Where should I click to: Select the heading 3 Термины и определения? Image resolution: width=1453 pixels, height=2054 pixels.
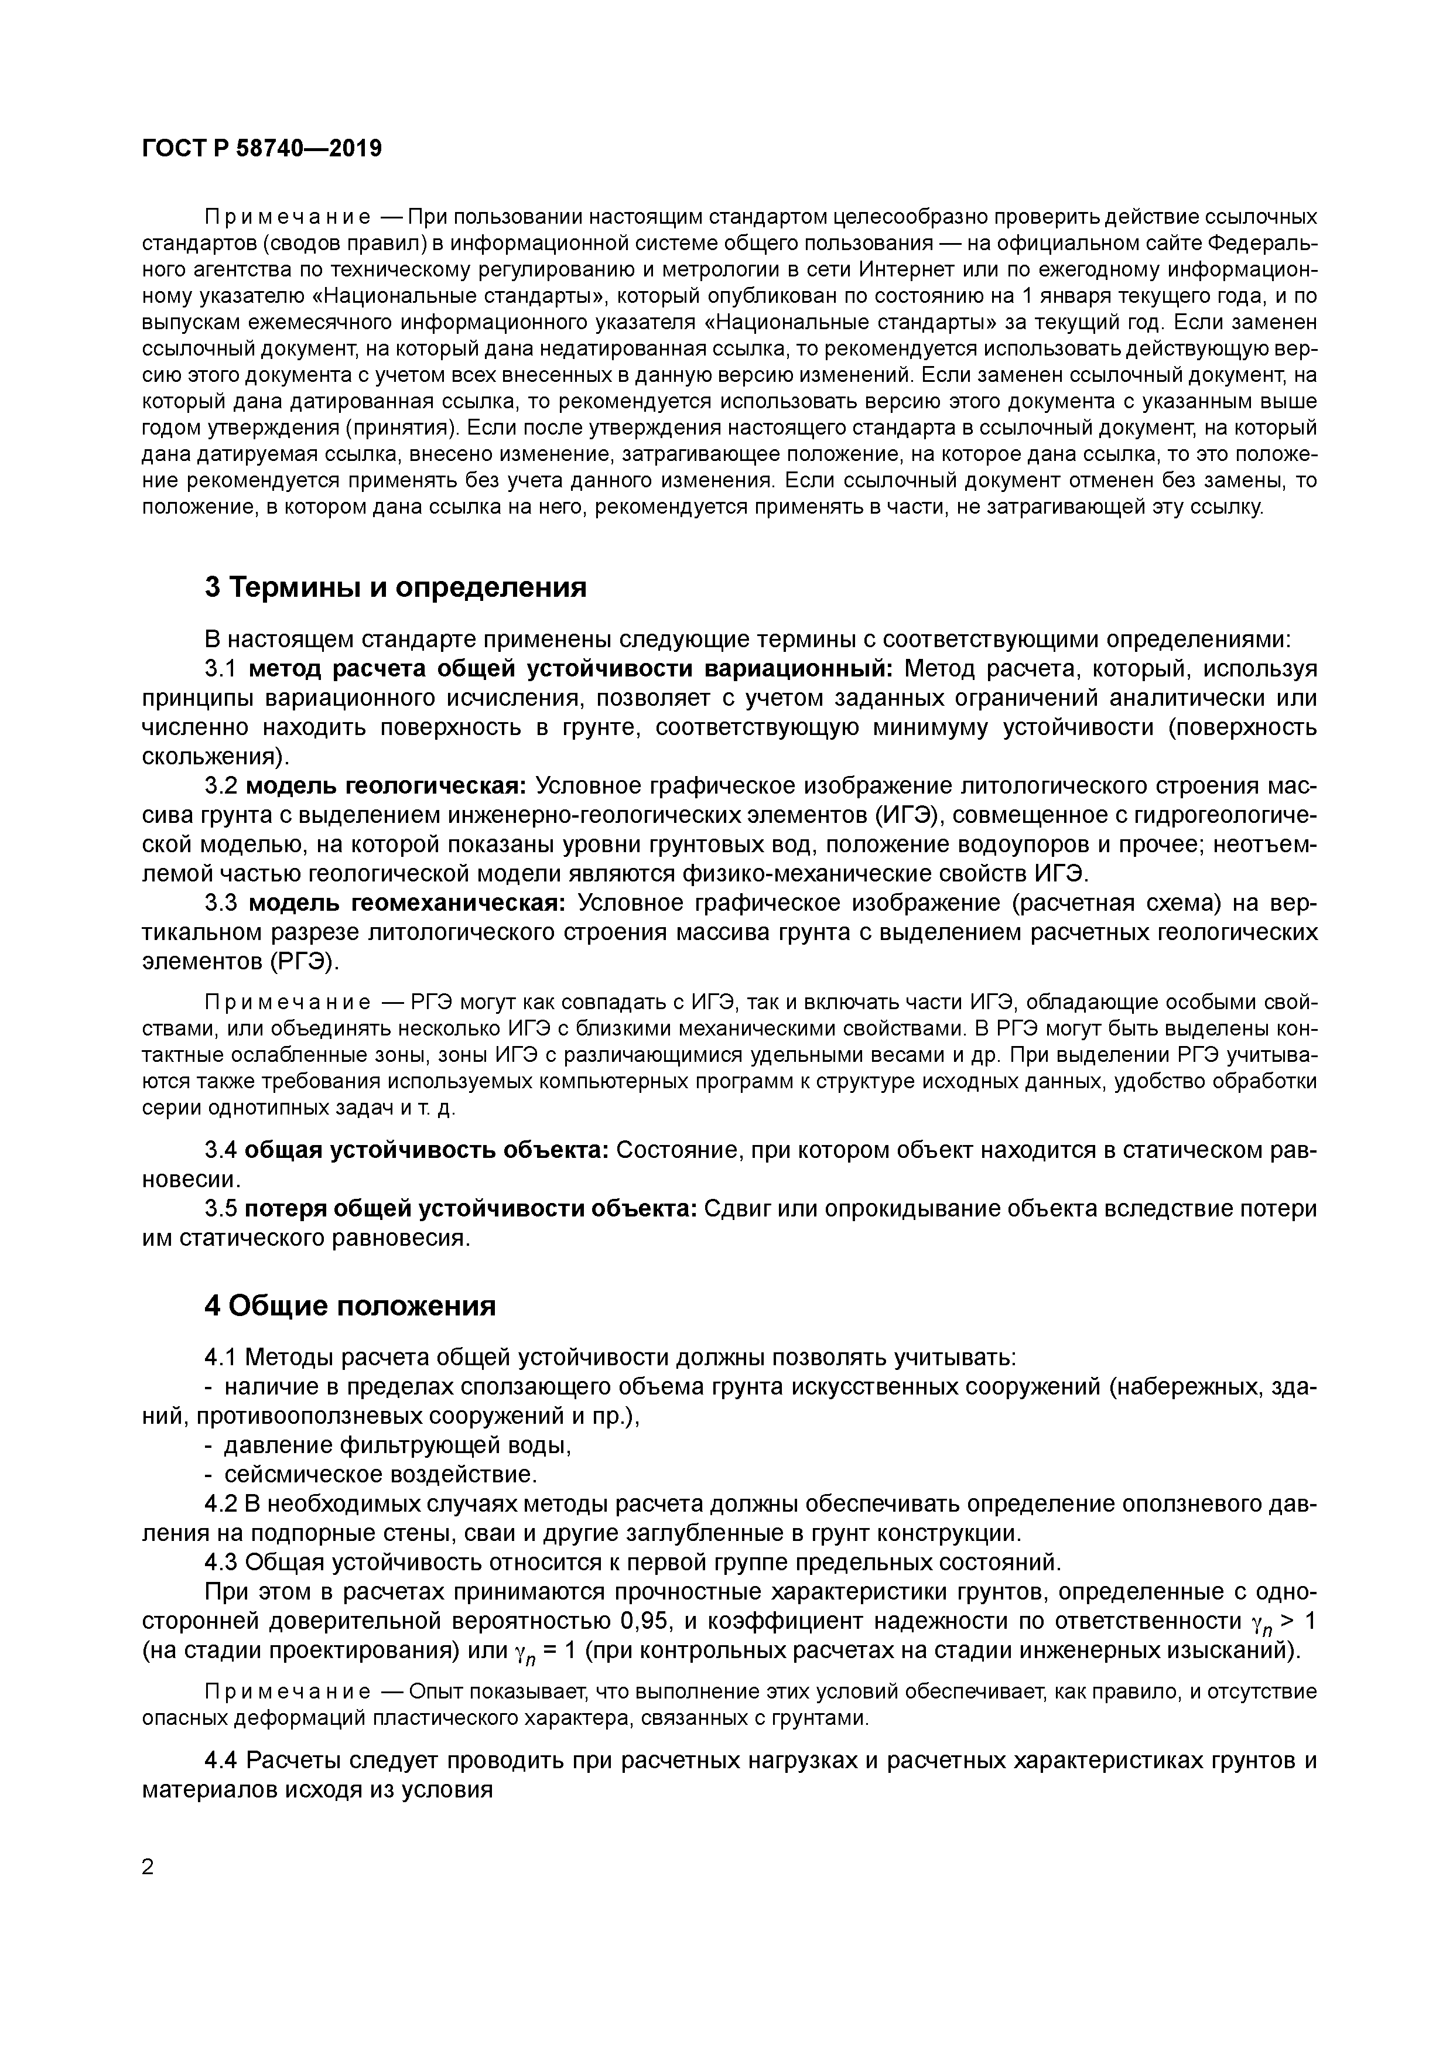click(395, 588)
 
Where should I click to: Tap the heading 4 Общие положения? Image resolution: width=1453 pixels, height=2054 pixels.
click(350, 1306)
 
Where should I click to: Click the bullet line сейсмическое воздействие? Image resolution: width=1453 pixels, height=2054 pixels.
click(380, 1474)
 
